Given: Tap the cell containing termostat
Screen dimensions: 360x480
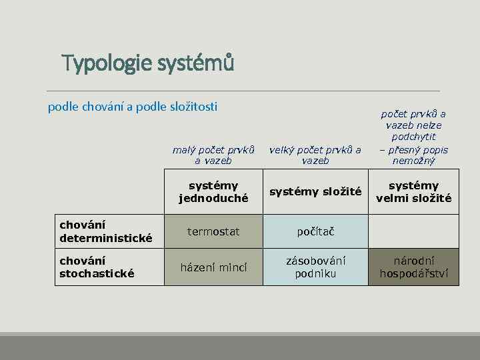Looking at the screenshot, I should coord(213,231).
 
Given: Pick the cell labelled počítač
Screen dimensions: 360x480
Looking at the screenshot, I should coord(315,231).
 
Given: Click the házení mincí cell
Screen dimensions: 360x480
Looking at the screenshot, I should coord(213,267).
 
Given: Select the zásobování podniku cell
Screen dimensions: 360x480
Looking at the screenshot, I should coord(315,267).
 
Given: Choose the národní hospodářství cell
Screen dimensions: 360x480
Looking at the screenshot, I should coord(413,267).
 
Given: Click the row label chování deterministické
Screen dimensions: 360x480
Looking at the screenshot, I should coord(107,231).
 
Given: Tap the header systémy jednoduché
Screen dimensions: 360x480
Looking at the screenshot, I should coord(213,192).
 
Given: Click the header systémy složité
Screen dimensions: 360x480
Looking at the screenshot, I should coord(315,192).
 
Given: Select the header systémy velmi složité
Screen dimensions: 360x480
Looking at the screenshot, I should coord(413,192).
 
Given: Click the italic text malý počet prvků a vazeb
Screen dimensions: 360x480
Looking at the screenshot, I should coord(213,155).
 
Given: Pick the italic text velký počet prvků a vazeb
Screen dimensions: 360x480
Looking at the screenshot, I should coord(315,155).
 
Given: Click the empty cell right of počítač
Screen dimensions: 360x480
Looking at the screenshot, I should coord(413,231).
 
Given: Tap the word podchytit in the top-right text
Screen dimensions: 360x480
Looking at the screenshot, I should coord(413,137).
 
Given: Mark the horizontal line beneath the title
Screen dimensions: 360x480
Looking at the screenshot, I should coord(243,91).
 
